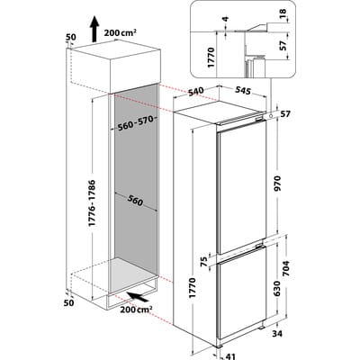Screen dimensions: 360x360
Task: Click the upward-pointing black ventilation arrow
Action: tap(94, 29)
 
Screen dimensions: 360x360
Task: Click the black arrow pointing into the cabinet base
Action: tap(138, 296)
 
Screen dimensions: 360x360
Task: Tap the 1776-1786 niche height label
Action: tap(93, 202)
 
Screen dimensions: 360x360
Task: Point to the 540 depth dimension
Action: tap(196, 92)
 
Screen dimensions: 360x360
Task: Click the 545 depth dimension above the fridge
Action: tap(242, 90)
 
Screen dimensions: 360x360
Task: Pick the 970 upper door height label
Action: tap(277, 184)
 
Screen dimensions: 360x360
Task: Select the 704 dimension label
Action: tap(286, 269)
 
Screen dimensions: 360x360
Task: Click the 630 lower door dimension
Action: tap(277, 289)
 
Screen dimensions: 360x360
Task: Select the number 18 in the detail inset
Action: tap(283, 14)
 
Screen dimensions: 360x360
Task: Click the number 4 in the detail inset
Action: tap(225, 20)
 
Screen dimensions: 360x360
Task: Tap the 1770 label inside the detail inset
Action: tap(211, 58)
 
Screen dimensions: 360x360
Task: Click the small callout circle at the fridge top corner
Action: tap(271, 115)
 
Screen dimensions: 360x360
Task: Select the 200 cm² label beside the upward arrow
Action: tap(121, 32)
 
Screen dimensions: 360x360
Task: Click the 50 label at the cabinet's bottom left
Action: tap(69, 302)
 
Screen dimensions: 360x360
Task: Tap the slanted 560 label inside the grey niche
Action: tap(135, 200)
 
